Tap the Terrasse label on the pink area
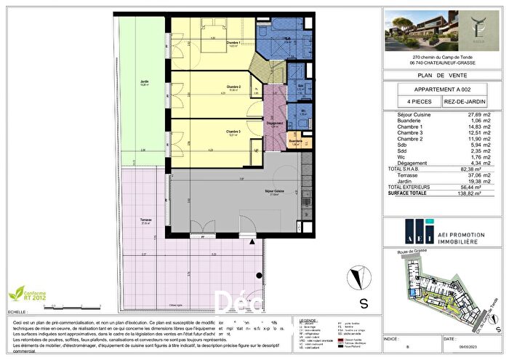coord(146,221)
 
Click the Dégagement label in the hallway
coord(275,124)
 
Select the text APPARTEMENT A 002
coord(443,89)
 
